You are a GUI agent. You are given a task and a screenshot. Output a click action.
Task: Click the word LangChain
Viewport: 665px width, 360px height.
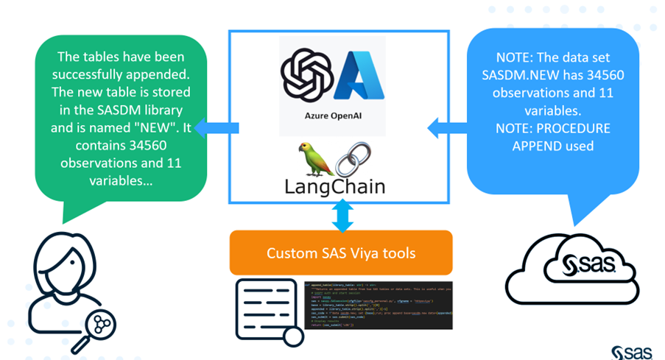(335, 187)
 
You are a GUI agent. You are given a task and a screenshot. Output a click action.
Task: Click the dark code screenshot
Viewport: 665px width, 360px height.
(379, 303)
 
